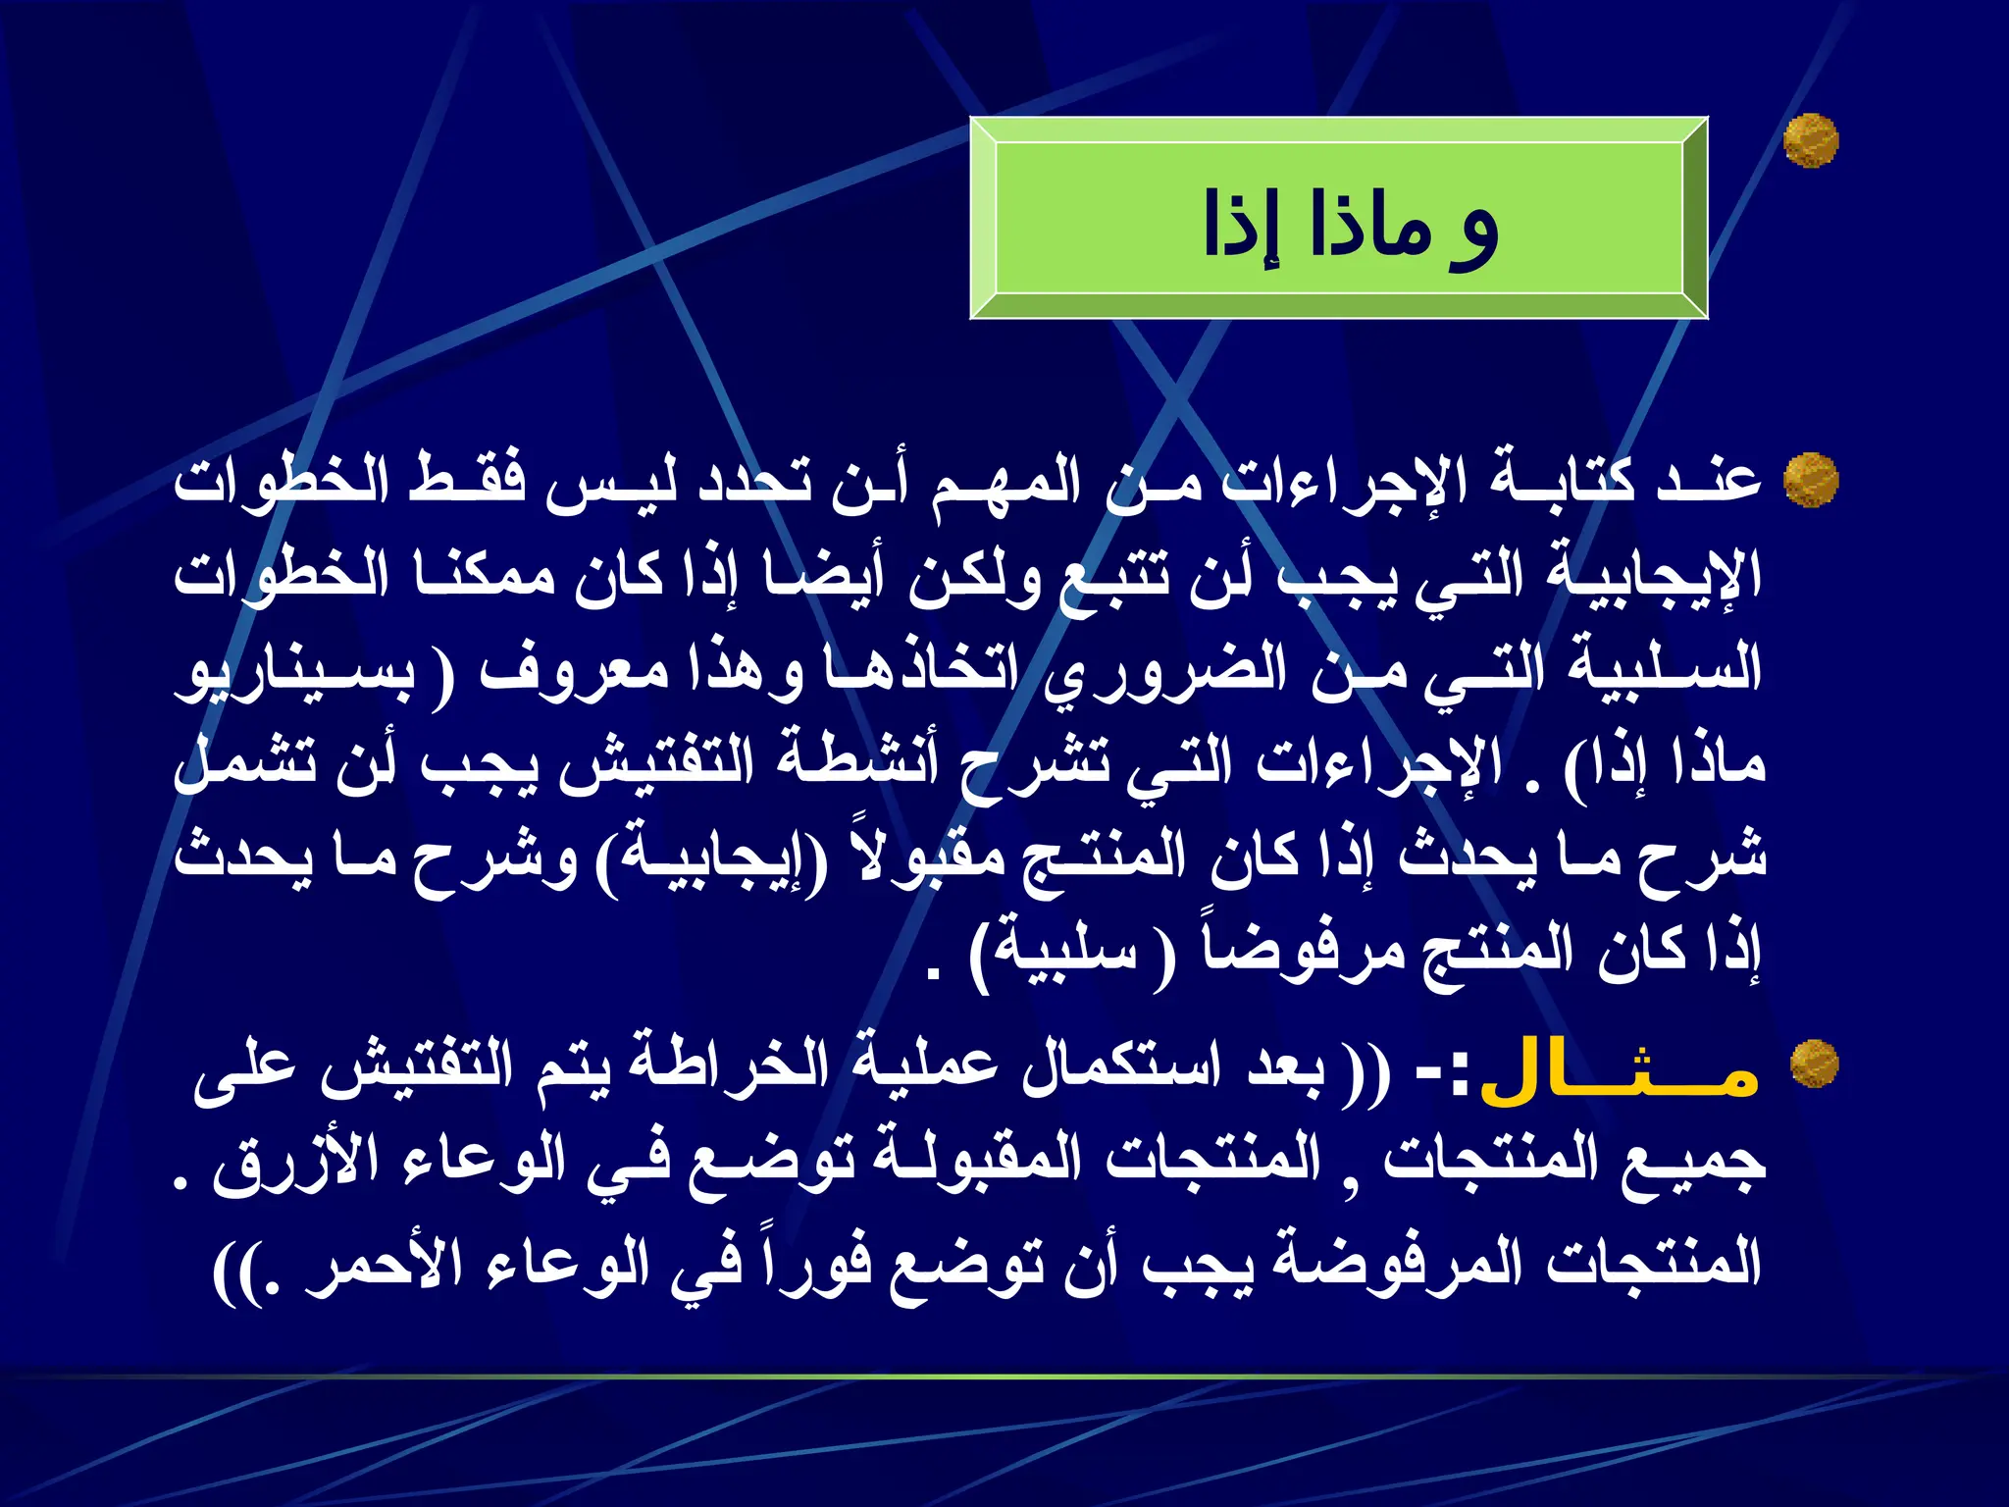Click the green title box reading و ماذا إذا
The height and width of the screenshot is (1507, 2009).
point(1339,218)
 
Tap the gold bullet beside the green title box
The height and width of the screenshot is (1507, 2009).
point(1810,140)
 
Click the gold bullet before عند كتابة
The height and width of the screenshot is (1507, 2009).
point(1810,480)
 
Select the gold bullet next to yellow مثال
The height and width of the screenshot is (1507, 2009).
point(1814,1064)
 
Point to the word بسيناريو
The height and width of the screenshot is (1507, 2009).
point(294,672)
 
